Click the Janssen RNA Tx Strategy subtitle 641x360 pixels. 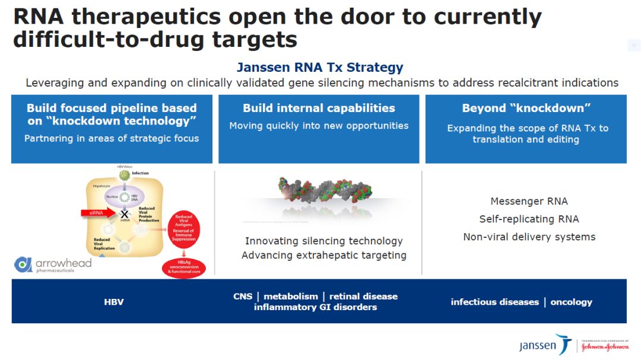320,67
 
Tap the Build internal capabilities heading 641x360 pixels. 319,108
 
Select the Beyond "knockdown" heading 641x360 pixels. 525,108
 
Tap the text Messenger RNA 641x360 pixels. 529,202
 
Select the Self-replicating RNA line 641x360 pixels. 529,219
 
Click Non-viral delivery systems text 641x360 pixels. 529,237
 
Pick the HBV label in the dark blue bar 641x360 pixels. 114,302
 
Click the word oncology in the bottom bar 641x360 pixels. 571,302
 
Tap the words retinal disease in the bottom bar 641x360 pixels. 363,297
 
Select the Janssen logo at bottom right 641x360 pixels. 544,345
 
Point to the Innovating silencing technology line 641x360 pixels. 324,241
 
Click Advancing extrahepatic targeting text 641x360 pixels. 324,256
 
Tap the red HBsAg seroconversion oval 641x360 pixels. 183,268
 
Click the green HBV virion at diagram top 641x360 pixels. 124,176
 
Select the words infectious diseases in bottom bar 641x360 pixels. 494,302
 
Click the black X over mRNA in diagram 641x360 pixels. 125,214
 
